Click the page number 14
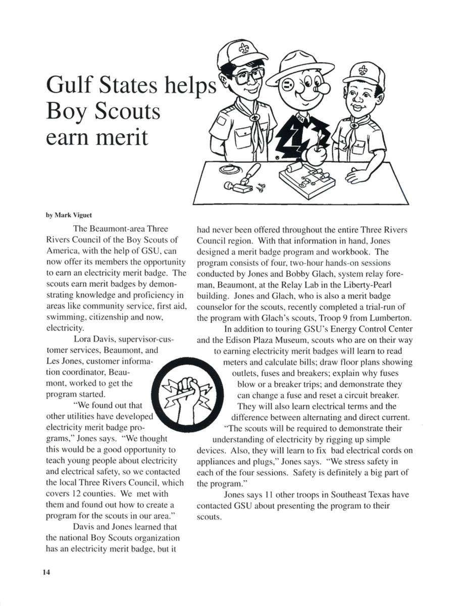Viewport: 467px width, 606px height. click(x=46, y=572)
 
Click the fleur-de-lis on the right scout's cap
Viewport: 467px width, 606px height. click(x=363, y=69)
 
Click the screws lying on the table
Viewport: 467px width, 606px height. click(x=261, y=188)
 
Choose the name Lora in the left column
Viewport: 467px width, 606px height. click(x=82, y=338)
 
